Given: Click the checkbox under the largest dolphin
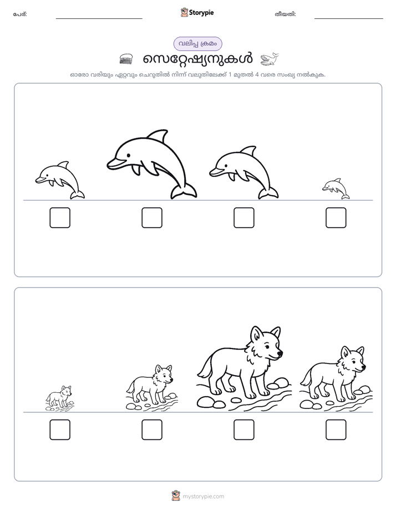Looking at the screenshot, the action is tap(152, 217).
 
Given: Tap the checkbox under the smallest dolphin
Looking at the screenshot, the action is tap(336, 217).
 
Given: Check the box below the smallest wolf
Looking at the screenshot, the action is tap(60, 430).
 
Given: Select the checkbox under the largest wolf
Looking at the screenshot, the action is tap(243, 430).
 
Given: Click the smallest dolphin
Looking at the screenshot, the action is tap(336, 188).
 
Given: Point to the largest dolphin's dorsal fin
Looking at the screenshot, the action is tap(158, 136).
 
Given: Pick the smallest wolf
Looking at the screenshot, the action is tap(60, 398).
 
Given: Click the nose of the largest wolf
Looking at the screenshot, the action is tap(280, 353).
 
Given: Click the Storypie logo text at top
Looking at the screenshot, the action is tap(201, 12).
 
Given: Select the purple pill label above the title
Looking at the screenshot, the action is tap(197, 44).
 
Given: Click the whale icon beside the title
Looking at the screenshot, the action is tap(270, 59).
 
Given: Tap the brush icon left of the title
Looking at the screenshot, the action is tap(126, 59).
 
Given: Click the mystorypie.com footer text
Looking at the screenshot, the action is tap(203, 496).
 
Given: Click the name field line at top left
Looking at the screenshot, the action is tap(99, 18).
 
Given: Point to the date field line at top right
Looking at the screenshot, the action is tap(349, 18).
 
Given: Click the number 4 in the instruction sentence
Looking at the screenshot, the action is tap(257, 74).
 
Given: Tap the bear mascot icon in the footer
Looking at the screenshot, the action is tap(176, 496).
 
